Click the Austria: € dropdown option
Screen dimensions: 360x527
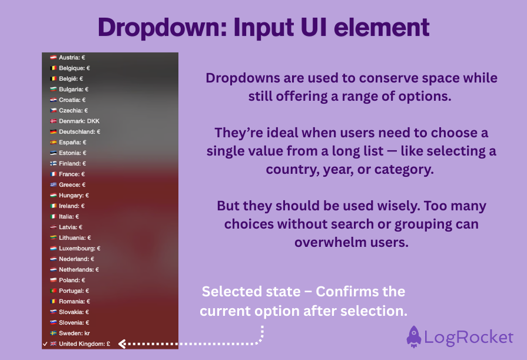click(72, 58)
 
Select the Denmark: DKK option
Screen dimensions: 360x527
click(79, 121)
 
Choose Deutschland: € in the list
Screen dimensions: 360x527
click(79, 132)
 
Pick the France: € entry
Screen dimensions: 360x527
click(72, 174)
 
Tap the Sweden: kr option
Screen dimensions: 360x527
click(74, 333)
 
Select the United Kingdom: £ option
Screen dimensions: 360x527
click(85, 344)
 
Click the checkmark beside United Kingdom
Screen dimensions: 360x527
click(45, 344)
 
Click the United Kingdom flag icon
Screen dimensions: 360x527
click(53, 344)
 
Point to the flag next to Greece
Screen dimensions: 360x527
click(53, 185)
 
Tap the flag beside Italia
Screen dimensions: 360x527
click(53, 217)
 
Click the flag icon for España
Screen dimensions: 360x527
click(53, 143)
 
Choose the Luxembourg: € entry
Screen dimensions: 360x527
click(79, 249)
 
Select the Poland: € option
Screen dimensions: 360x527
click(72, 280)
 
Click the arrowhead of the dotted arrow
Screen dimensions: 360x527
click(122, 344)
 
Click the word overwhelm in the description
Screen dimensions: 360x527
click(329, 242)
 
